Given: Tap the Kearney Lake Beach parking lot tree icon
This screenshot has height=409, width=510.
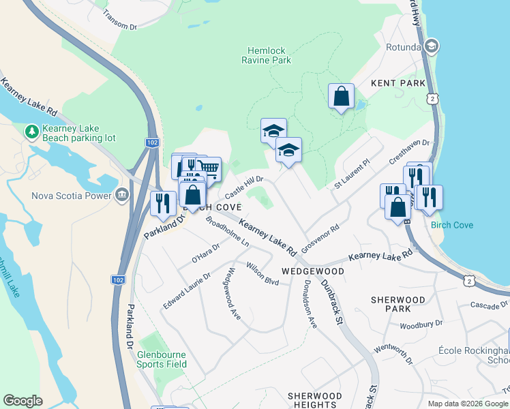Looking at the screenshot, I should click(31, 130).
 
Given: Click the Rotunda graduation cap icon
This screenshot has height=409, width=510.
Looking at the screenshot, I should click(430, 46).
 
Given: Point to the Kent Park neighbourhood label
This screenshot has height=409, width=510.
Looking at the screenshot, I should click(398, 83).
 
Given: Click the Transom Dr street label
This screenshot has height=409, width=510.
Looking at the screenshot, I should click(120, 22).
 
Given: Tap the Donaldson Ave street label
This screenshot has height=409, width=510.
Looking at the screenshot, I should click(311, 303).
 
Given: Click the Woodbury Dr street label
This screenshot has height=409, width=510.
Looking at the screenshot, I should click(421, 324).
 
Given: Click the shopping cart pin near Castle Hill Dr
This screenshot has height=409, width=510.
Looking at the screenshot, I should click(209, 168).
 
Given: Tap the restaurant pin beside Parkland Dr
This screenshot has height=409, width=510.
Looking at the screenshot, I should click(162, 203).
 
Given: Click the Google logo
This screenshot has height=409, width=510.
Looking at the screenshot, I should click(23, 401).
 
